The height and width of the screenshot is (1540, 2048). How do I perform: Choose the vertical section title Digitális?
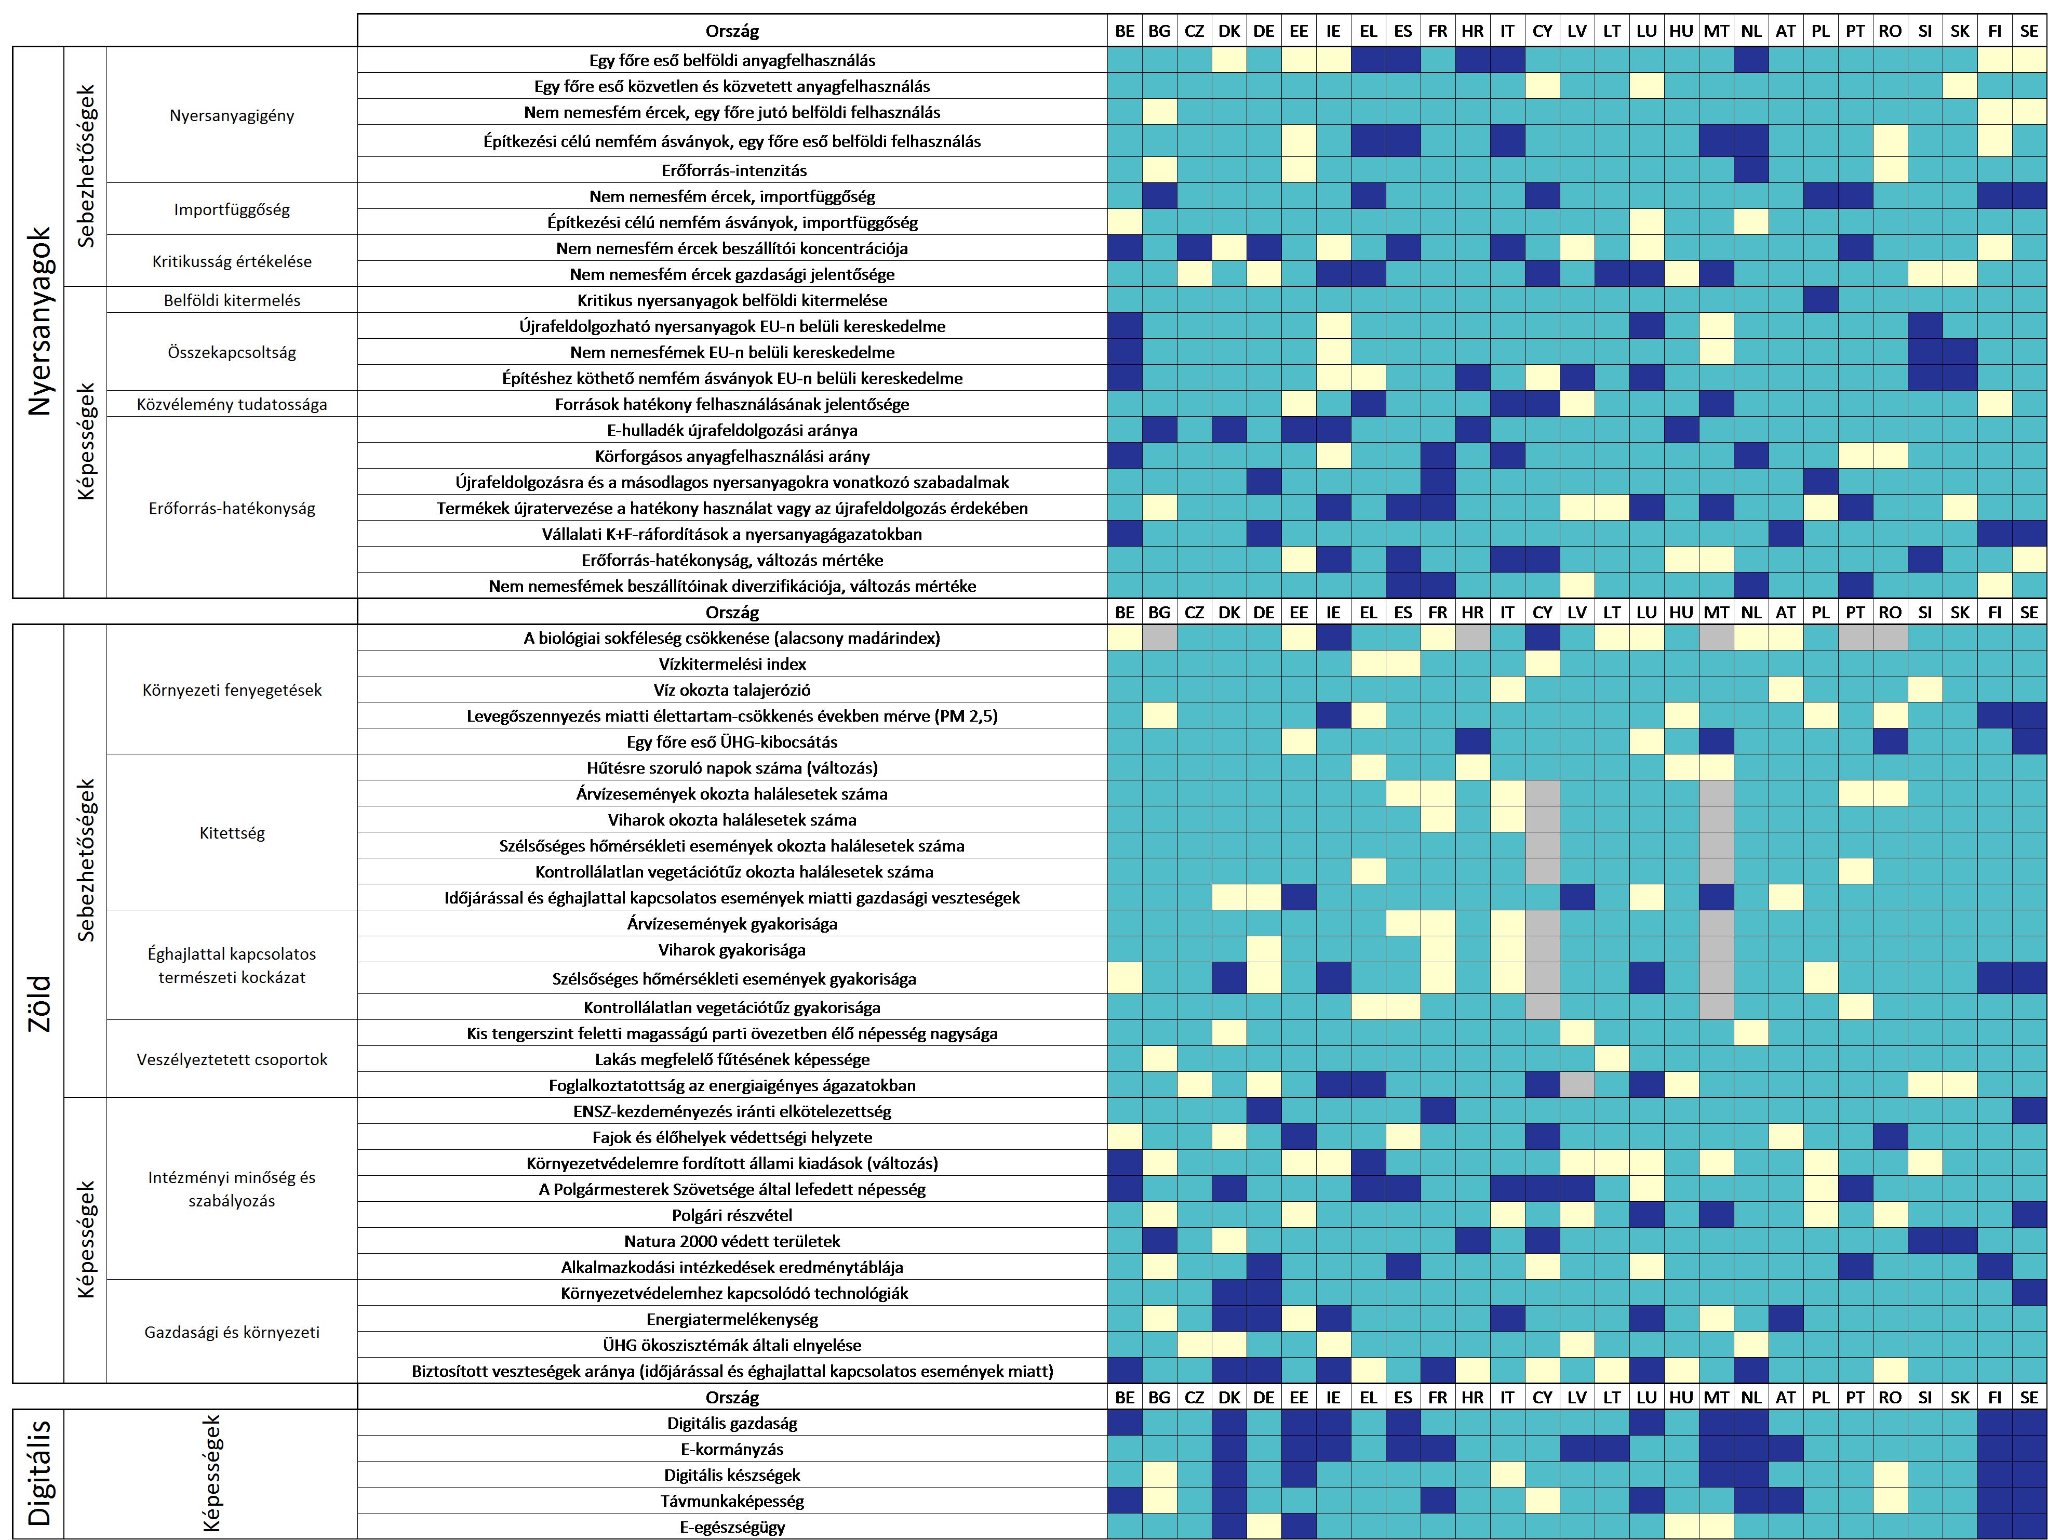click(x=39, y=1473)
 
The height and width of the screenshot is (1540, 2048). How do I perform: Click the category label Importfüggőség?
click(x=232, y=209)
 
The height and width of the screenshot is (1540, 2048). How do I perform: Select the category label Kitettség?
click(x=232, y=832)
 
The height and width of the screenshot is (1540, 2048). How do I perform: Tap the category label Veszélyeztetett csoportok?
click(x=232, y=1059)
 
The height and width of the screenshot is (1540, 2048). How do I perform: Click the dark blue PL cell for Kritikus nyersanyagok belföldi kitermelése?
click(x=1820, y=300)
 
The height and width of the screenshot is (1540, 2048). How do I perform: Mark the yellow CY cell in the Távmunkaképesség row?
click(x=1542, y=1501)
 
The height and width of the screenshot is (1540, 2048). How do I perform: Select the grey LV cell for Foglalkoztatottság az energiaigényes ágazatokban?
click(x=1577, y=1085)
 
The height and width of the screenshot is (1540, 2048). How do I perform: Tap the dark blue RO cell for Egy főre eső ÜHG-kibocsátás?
click(x=1890, y=742)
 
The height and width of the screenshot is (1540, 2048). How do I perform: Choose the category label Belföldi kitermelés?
click(x=232, y=300)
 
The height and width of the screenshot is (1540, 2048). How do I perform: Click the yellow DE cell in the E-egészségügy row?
click(x=1264, y=1527)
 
